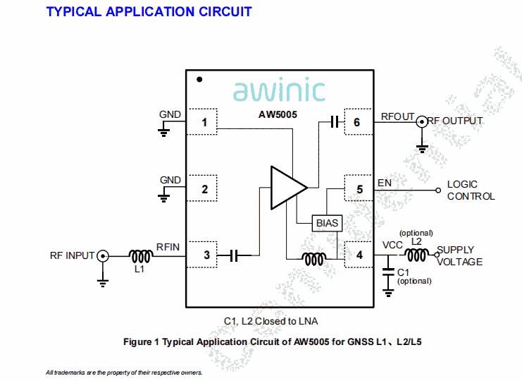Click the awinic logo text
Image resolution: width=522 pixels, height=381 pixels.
click(279, 90)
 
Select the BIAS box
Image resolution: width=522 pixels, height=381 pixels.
click(327, 223)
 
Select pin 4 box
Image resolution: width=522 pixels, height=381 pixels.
click(359, 255)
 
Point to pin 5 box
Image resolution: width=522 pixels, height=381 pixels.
click(359, 189)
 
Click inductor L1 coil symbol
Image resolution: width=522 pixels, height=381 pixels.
click(140, 255)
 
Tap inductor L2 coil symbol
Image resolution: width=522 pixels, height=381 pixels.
click(416, 255)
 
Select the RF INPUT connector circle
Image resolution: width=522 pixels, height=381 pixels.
click(103, 255)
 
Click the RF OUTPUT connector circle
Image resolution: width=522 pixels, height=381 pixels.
click(422, 121)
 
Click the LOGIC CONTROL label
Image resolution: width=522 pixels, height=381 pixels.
click(471, 190)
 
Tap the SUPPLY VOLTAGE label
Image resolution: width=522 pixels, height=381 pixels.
click(460, 255)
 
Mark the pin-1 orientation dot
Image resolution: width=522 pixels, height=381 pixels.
click(200, 80)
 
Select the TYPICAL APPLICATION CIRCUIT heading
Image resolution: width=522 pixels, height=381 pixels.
click(149, 11)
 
